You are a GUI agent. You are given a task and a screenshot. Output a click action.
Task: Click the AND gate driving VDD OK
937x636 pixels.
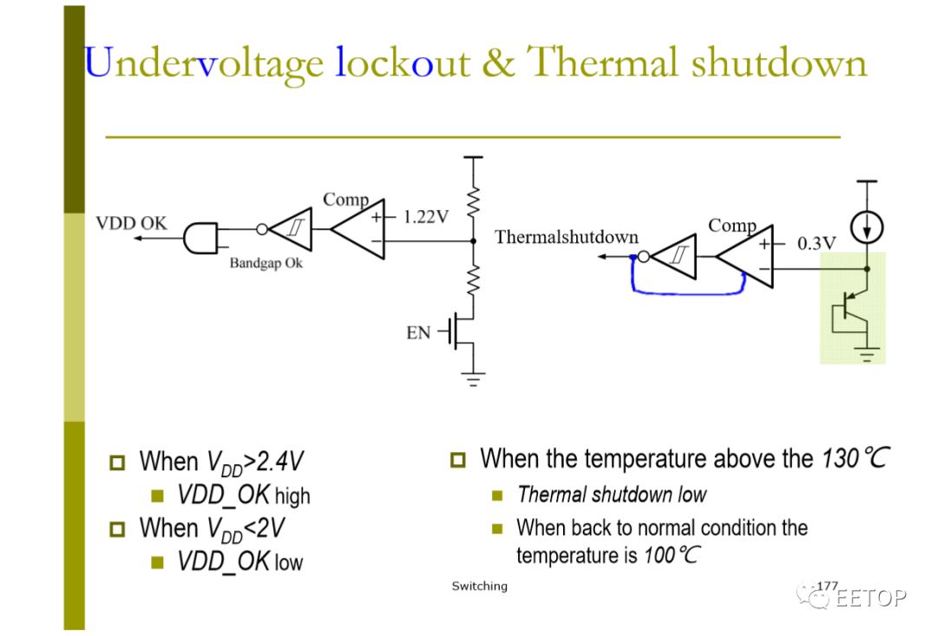tap(200, 239)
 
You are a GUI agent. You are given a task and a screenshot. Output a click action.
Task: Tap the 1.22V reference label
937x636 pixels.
tap(426, 216)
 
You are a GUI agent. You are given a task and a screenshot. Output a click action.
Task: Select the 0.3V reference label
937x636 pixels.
tap(817, 243)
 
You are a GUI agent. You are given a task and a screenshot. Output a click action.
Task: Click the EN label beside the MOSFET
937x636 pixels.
tap(418, 332)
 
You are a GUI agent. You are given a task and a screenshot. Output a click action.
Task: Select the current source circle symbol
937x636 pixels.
tap(867, 227)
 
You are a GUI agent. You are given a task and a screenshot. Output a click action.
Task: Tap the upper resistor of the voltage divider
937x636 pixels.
tap(474, 201)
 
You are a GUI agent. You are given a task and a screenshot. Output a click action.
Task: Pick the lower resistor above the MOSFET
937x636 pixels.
tap(474, 280)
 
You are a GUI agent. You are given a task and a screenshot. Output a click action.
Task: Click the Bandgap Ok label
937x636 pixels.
tap(266, 263)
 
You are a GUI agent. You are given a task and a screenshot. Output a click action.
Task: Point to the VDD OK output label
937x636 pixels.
tap(132, 223)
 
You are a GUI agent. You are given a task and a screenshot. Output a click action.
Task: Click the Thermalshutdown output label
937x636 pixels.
tap(567, 237)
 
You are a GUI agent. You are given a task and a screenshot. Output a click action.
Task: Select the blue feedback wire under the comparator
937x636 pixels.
tap(687, 293)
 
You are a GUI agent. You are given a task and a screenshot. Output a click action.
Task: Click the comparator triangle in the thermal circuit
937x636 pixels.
tap(745, 257)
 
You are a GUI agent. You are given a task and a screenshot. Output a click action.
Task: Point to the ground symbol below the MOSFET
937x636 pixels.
tap(474, 379)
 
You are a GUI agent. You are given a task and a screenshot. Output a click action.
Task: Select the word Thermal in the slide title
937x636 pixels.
tap(602, 62)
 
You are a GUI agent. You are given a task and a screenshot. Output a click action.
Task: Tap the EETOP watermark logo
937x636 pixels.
tap(852, 596)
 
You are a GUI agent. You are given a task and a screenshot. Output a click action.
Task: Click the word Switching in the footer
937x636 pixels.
tap(479, 587)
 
